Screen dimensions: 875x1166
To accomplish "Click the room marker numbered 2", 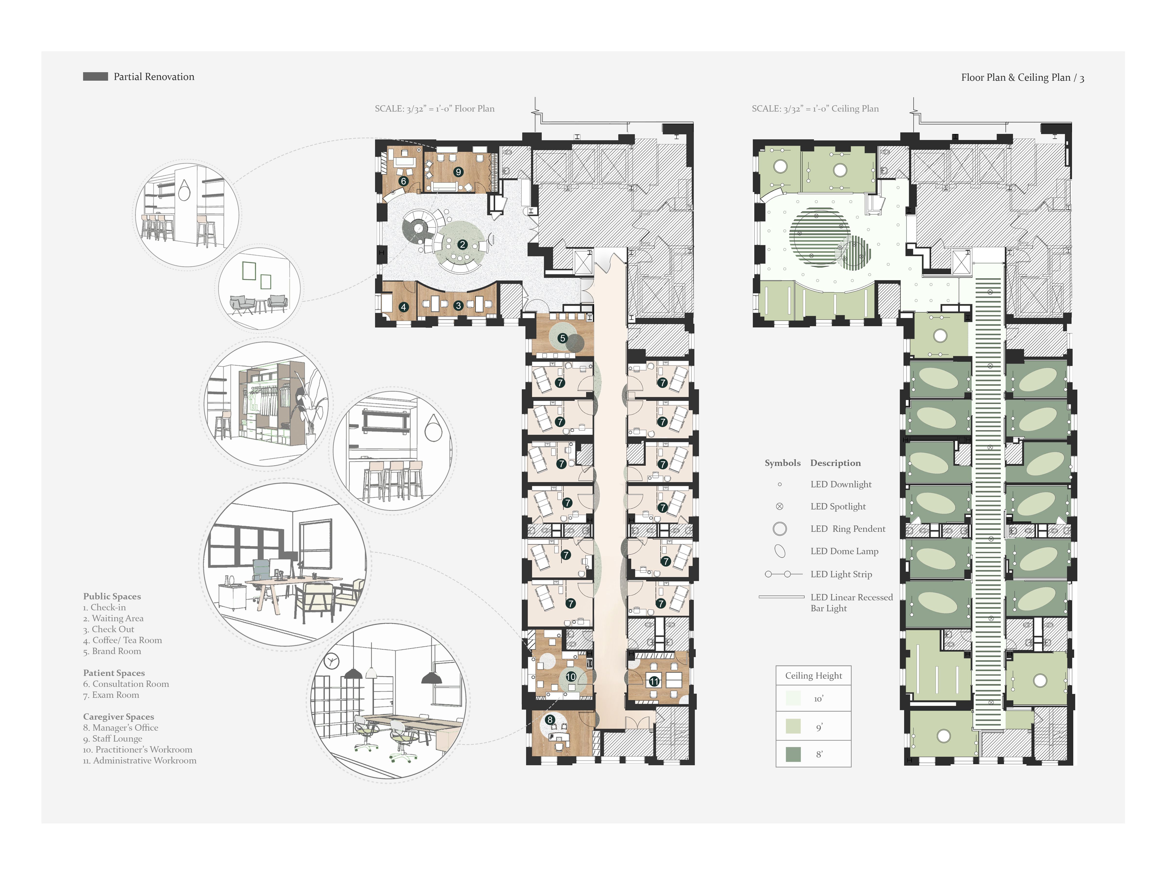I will tap(462, 245).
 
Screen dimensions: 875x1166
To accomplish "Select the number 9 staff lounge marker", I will tap(458, 172).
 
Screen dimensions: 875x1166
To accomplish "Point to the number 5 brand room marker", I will tap(562, 338).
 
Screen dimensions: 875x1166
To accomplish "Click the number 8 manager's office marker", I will tap(550, 719).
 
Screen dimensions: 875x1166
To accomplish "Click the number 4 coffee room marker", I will tap(403, 307).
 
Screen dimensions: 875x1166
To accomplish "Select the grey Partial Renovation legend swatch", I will tap(95, 77).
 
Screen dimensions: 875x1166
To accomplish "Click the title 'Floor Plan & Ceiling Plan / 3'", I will tap(1022, 78).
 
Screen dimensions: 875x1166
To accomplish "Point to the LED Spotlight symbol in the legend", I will tap(780, 506).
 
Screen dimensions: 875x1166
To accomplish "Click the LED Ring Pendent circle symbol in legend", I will tap(780, 528).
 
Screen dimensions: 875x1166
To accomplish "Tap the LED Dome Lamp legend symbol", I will tap(780, 551).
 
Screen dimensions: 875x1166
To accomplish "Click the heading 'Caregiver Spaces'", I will tap(119, 716).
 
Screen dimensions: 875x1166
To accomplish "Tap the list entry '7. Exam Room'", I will tap(111, 695).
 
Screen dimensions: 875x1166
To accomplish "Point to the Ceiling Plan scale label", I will tap(815, 109).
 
